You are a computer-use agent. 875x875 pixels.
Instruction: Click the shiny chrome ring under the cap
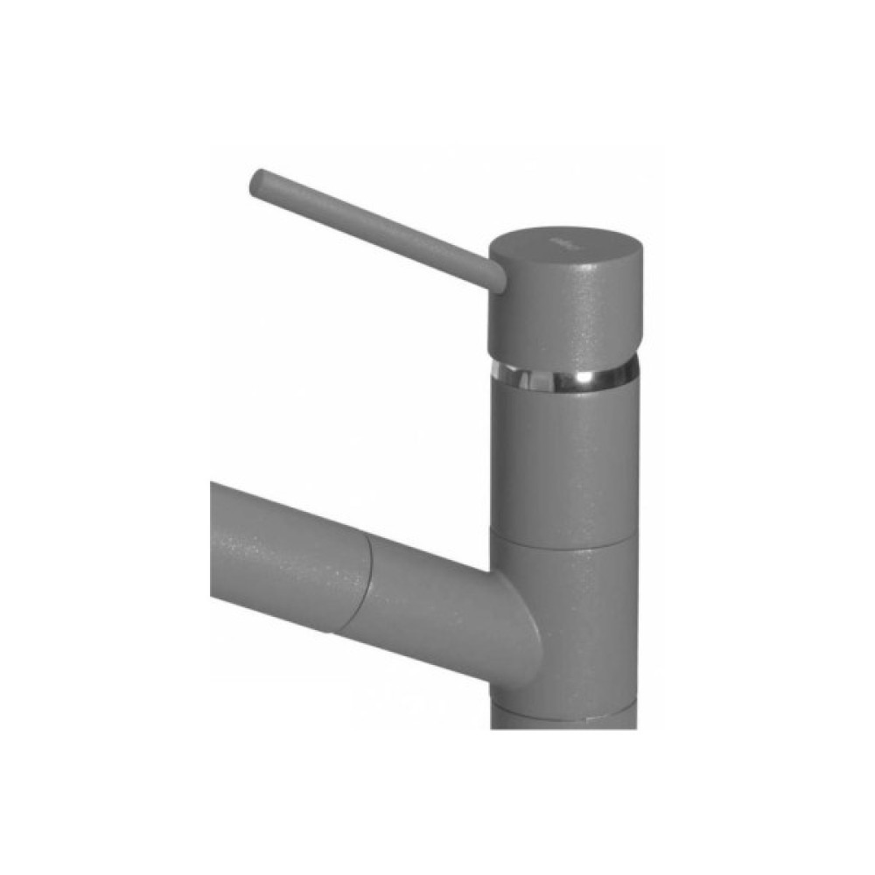click(x=560, y=374)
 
